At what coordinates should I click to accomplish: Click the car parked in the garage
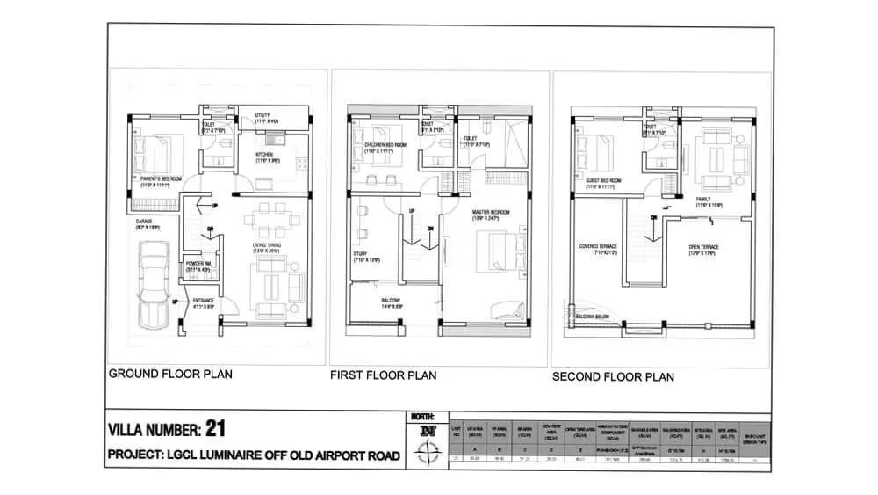[x=155, y=286]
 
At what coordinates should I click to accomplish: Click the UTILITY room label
[x=263, y=115]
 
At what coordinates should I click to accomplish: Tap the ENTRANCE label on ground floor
[x=204, y=301]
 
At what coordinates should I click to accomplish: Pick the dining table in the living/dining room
[x=265, y=218]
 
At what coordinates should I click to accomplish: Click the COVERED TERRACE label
[x=598, y=247]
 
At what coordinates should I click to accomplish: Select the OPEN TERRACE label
[x=703, y=247]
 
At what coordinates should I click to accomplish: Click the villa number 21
[x=216, y=429]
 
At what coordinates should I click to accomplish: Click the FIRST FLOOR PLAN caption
[x=383, y=375]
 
